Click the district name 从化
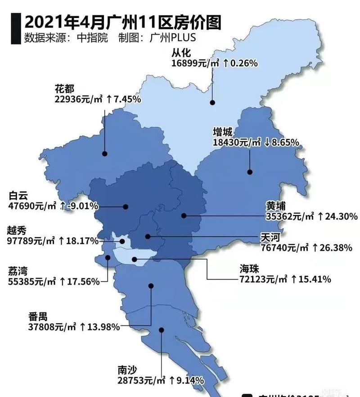180,53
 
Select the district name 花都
64,88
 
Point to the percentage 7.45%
127,99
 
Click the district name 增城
223,132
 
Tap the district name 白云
18,196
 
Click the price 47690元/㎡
32,206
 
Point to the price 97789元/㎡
31,241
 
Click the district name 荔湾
18,271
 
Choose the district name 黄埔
275,205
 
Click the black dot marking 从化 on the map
211,103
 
